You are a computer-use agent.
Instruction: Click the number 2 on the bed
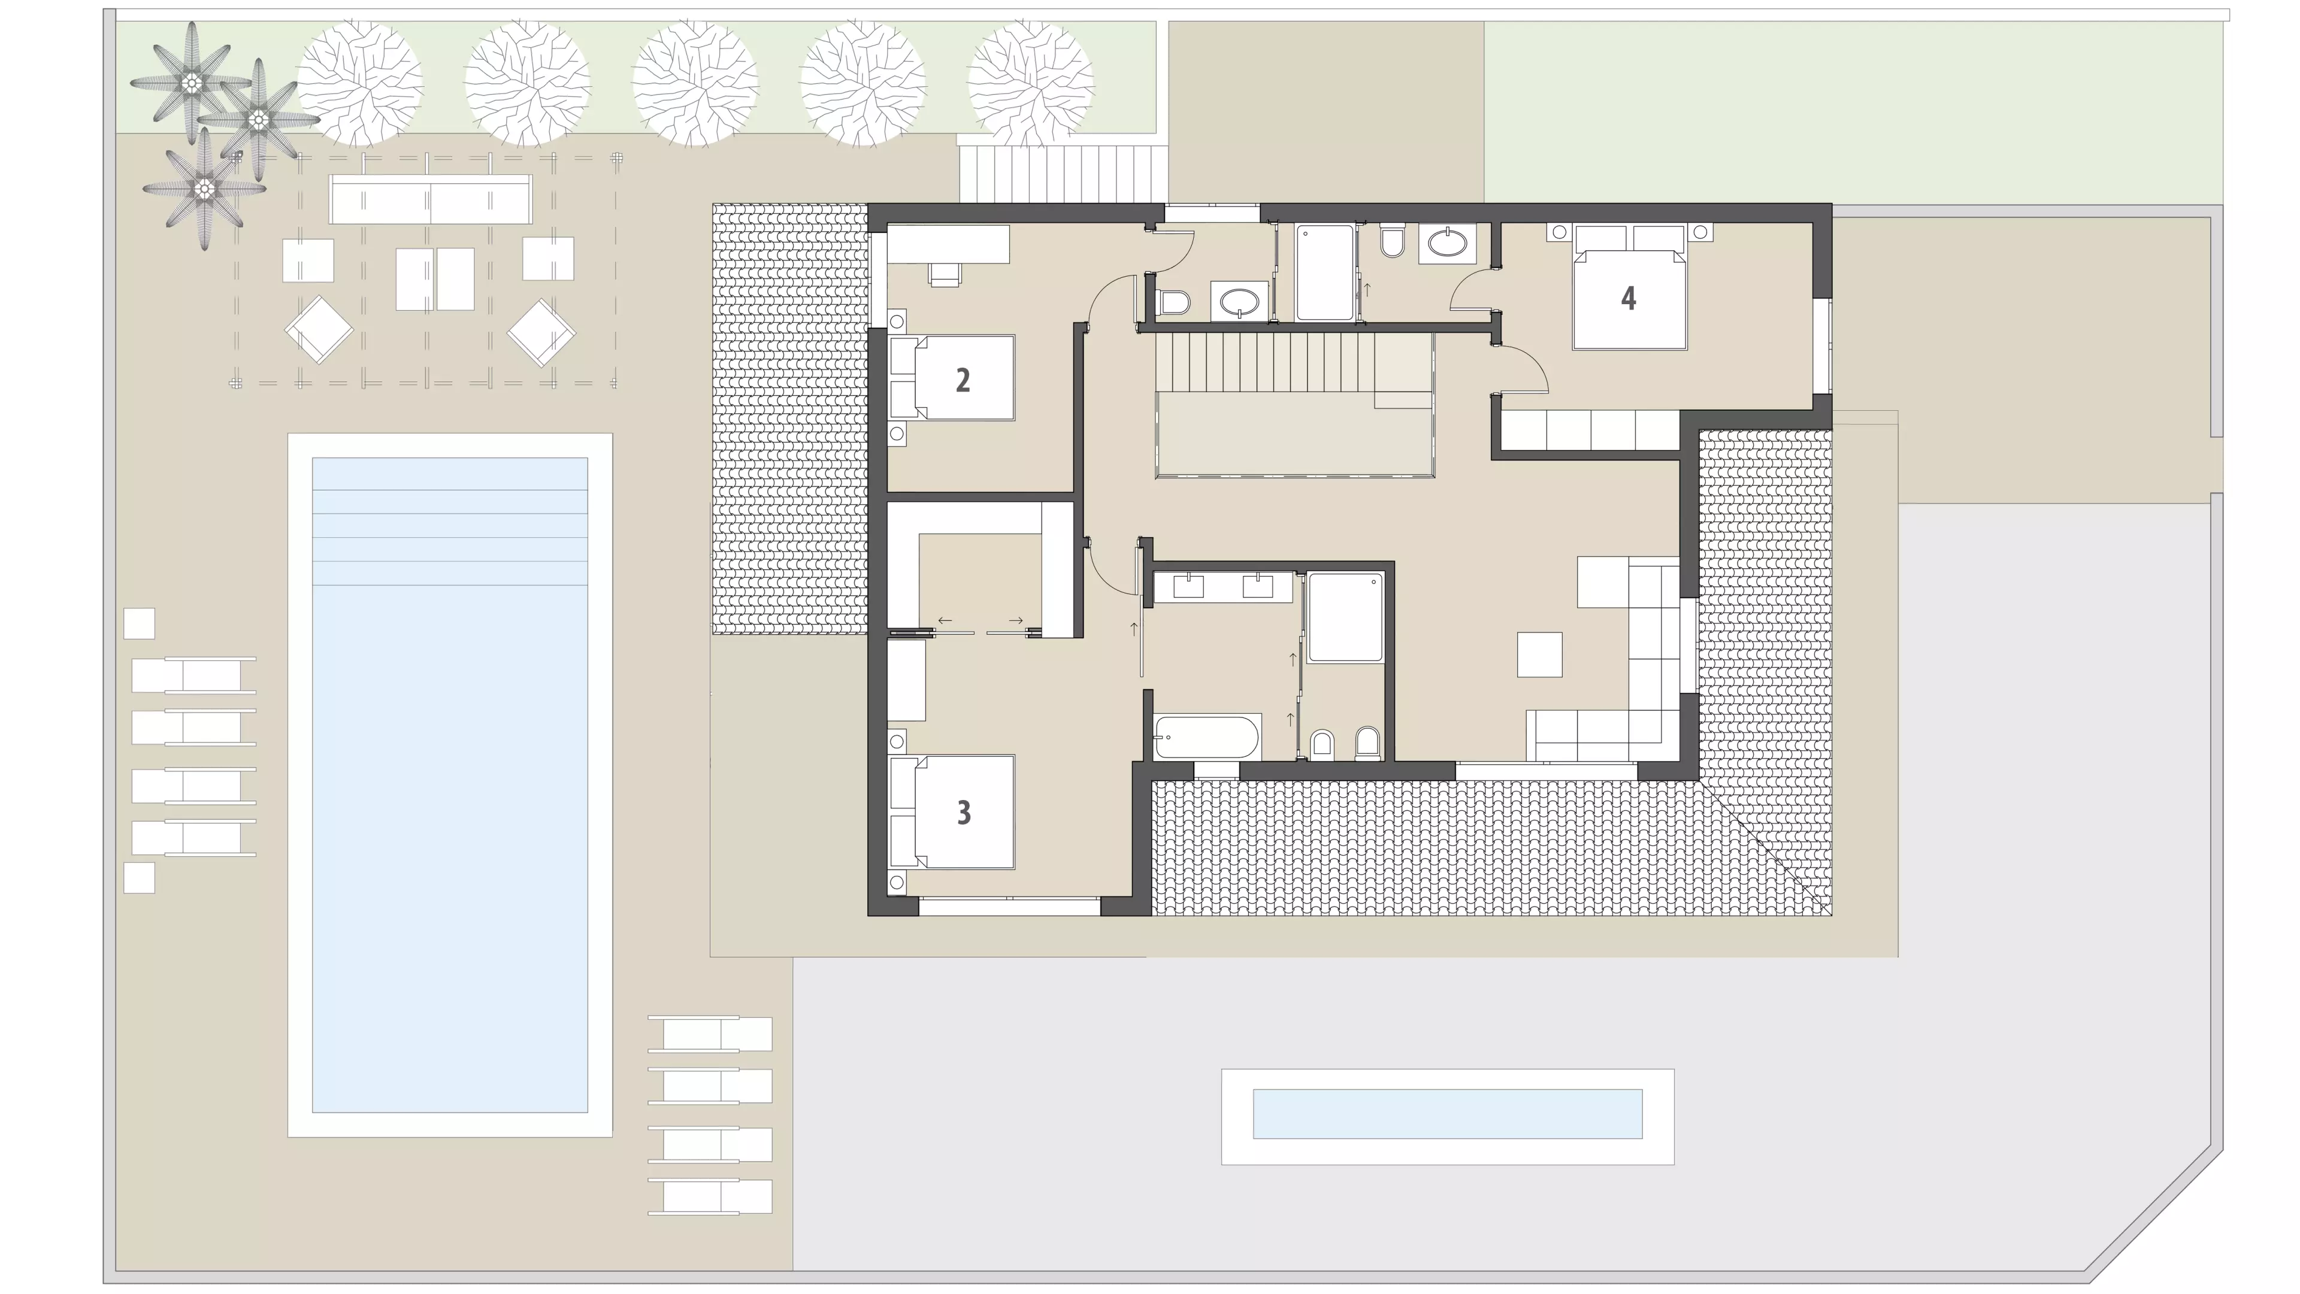pyautogui.click(x=963, y=380)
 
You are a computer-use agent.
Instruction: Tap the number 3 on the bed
pyautogui.click(x=963, y=812)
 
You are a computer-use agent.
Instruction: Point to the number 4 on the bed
pyautogui.click(x=1629, y=298)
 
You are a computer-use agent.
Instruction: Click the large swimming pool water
pyautogui.click(x=450, y=786)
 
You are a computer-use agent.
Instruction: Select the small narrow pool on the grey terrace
pyautogui.click(x=1447, y=1114)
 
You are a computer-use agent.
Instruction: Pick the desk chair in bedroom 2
pyautogui.click(x=945, y=274)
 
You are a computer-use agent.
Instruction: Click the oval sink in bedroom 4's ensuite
pyautogui.click(x=1447, y=242)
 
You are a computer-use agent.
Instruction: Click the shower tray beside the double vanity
pyautogui.click(x=1345, y=617)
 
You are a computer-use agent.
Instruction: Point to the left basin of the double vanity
pyautogui.click(x=1188, y=586)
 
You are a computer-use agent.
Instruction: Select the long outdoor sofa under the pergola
pyautogui.click(x=431, y=198)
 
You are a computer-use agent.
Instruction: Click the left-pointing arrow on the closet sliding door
pyautogui.click(x=945, y=620)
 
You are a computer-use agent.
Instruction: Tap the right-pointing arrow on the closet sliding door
pyautogui.click(x=1016, y=620)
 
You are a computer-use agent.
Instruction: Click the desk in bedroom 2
pyautogui.click(x=948, y=244)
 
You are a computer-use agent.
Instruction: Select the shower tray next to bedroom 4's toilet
pyautogui.click(x=1325, y=272)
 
